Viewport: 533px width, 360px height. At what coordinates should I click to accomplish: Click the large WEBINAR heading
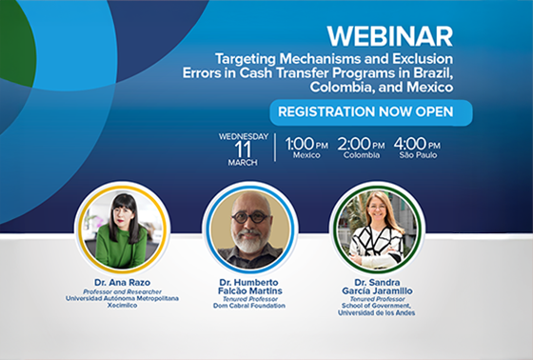click(390, 36)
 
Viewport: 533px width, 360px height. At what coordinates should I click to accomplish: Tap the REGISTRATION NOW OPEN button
click(371, 112)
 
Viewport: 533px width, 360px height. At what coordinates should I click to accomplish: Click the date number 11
click(243, 150)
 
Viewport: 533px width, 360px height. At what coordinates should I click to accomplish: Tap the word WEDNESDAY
click(244, 136)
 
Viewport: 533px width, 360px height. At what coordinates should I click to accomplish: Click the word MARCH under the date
click(243, 163)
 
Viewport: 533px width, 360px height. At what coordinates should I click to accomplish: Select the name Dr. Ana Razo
click(123, 283)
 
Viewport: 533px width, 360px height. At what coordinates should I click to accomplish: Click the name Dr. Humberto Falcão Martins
click(249, 287)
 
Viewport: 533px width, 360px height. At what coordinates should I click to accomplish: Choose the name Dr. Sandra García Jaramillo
click(377, 287)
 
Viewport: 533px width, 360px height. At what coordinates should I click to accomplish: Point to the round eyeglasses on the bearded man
click(251, 217)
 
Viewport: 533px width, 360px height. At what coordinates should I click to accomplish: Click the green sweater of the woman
click(122, 247)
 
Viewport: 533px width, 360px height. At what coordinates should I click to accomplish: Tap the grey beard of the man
click(249, 242)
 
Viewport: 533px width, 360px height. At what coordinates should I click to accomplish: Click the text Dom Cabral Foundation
click(249, 306)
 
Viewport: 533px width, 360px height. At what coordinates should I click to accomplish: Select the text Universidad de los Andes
click(376, 312)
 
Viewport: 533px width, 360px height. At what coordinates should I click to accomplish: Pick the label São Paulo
click(418, 155)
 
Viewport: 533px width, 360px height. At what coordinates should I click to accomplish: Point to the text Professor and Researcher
click(122, 292)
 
